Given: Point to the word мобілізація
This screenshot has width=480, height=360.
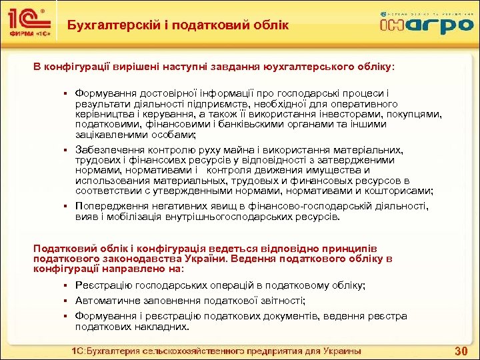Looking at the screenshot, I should pos(129,216).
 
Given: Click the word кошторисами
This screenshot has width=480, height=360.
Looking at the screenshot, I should pos(403,191).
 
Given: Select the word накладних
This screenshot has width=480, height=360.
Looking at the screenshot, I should pos(159,327).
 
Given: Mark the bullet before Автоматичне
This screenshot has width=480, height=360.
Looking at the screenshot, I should pos(67,301).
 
